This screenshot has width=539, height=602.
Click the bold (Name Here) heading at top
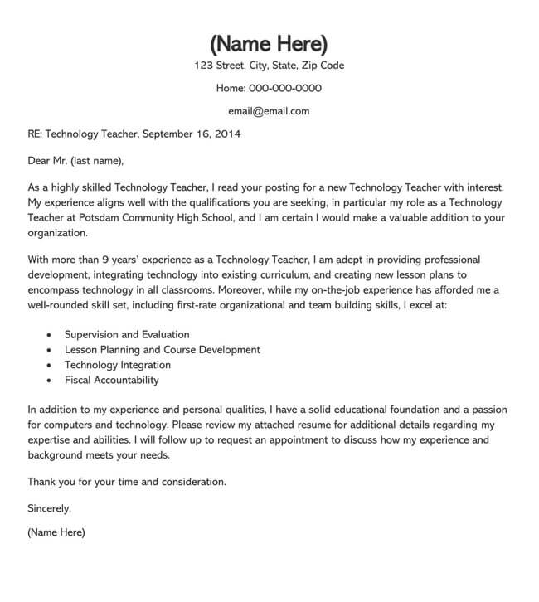(x=269, y=42)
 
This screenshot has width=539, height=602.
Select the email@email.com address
(x=269, y=110)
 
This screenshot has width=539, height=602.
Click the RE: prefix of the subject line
(x=35, y=133)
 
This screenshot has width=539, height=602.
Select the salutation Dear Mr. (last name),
(x=75, y=160)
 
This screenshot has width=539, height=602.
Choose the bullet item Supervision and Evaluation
(x=127, y=334)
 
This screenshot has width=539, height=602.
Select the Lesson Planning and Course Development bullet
(x=162, y=350)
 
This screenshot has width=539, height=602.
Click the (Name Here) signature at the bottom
(x=56, y=532)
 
